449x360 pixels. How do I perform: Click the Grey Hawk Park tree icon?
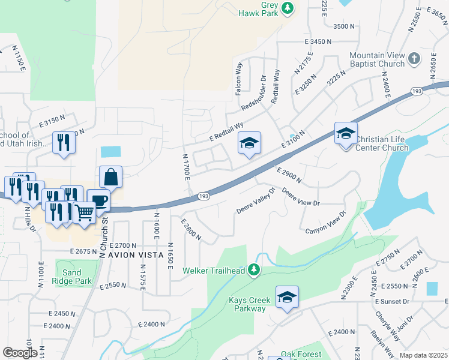[288, 8]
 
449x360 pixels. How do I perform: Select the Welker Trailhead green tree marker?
[254, 271]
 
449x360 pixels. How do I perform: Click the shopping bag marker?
[111, 178]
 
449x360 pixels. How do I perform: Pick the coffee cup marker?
[98, 200]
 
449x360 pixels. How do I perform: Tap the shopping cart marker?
[85, 212]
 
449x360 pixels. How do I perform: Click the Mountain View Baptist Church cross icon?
[414, 59]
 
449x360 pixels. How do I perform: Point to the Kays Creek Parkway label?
[247, 304]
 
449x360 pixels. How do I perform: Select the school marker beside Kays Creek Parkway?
[287, 297]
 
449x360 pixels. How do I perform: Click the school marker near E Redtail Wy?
[249, 143]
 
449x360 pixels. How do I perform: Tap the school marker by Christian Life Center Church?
[346, 134]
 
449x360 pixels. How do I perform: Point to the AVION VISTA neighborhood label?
[135, 255]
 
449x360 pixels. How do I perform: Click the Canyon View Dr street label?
[327, 223]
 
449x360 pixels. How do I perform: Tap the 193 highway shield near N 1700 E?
[203, 196]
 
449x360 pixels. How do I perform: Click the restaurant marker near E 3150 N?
[64, 143]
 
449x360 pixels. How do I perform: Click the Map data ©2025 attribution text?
[423, 355]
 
